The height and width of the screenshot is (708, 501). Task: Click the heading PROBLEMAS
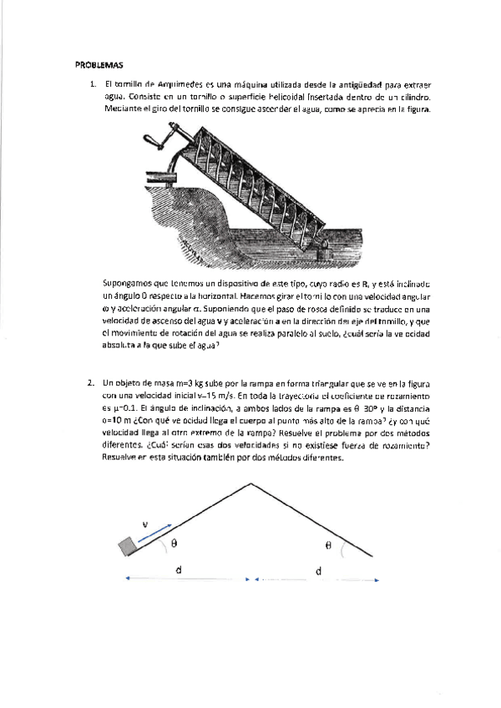(99, 64)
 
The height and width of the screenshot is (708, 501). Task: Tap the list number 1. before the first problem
(93, 84)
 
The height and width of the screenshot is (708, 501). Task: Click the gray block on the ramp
(129, 546)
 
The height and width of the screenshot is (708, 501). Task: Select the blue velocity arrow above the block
(157, 535)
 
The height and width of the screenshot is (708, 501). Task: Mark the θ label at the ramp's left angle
(173, 543)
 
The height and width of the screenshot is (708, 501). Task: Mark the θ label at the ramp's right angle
(328, 544)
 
